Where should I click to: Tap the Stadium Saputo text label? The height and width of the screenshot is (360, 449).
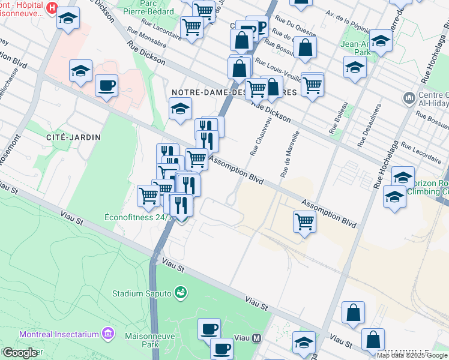point(142,293)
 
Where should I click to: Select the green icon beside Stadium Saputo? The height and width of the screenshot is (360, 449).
point(179,292)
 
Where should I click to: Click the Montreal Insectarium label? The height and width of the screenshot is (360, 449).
point(58,334)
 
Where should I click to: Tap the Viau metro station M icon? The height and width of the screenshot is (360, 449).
point(257,338)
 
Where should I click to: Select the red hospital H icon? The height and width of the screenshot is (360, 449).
point(52,8)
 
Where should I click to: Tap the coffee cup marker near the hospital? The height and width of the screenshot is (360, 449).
point(106,85)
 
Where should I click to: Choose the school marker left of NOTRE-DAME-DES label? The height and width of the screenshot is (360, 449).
point(179,109)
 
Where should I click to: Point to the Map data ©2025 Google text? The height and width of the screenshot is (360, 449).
point(412,355)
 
